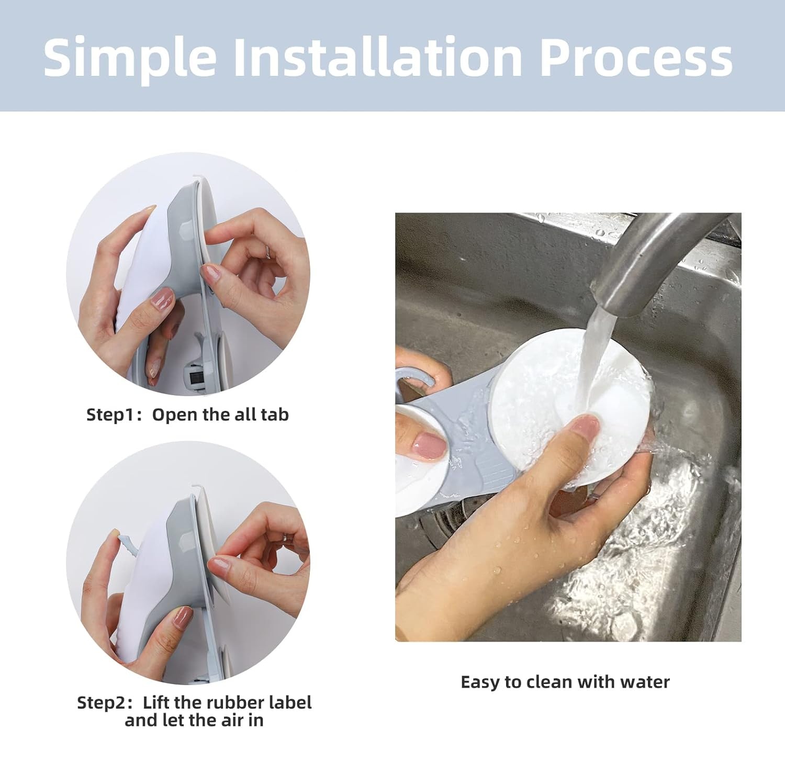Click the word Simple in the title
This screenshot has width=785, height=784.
click(130, 58)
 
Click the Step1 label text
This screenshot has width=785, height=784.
click(111, 415)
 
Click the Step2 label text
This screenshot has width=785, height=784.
click(103, 703)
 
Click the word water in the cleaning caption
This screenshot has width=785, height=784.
click(645, 682)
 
